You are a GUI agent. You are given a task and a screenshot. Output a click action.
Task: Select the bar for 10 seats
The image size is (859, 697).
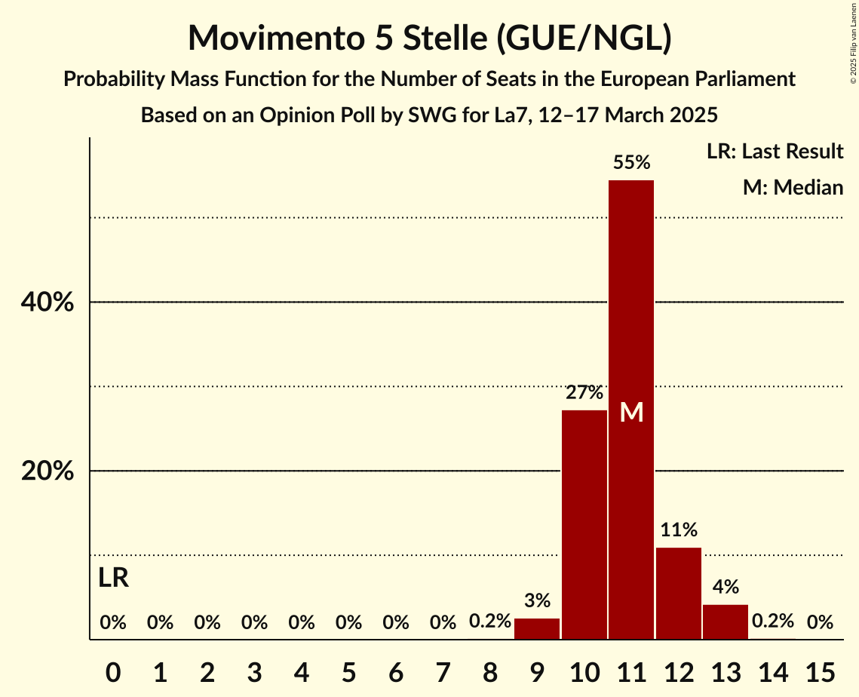584,524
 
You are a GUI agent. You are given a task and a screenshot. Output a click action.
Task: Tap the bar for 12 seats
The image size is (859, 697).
679,593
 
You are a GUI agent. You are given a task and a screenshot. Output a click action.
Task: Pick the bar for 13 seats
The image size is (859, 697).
726,622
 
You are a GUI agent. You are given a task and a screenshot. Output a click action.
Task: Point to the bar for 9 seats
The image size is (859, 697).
537,628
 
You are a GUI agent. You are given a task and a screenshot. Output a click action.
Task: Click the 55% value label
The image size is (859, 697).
631,162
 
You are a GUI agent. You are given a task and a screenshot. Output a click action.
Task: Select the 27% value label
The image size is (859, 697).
584,392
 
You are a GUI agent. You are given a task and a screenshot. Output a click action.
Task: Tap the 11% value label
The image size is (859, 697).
679,530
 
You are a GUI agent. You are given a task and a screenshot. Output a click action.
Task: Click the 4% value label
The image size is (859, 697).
726,587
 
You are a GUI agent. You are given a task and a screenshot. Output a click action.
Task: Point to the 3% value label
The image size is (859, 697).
537,601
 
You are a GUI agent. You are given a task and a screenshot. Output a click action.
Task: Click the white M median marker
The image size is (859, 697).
631,413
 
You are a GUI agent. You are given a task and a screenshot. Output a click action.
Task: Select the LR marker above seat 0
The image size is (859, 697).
113,579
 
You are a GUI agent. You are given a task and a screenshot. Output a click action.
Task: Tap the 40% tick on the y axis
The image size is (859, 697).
47,302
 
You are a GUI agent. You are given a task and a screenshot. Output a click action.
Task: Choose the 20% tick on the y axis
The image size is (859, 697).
47,471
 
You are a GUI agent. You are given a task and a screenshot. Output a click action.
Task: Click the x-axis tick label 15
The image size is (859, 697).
820,671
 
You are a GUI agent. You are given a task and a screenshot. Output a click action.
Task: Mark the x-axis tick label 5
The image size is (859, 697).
348,671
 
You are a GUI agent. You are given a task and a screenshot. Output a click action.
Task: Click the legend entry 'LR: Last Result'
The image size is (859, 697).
775,152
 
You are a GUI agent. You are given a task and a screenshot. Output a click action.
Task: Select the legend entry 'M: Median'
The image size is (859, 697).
793,187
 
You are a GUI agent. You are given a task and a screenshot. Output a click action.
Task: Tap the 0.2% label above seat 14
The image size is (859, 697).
773,622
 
